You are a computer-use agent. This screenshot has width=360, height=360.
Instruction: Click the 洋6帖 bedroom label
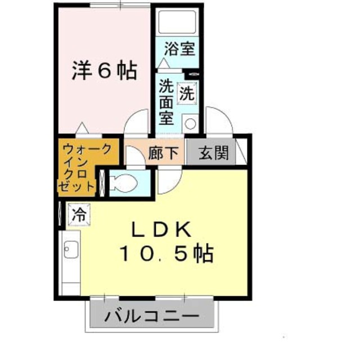105,71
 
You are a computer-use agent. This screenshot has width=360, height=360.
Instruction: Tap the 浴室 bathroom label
180,48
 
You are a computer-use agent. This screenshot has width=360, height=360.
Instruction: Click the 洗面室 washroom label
166,102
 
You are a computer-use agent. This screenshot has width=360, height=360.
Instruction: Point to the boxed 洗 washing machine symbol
186,93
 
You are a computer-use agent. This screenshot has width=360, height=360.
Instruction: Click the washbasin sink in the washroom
190,122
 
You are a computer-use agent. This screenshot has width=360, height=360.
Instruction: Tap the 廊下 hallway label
163,154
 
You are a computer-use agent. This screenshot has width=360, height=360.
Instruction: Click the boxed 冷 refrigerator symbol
79,214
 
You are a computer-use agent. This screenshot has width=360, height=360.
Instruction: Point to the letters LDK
163,229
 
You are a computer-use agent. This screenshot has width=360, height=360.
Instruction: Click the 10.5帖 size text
166,255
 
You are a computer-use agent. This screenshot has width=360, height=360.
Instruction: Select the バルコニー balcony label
152,316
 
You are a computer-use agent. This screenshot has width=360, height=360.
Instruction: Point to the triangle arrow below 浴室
164,63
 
